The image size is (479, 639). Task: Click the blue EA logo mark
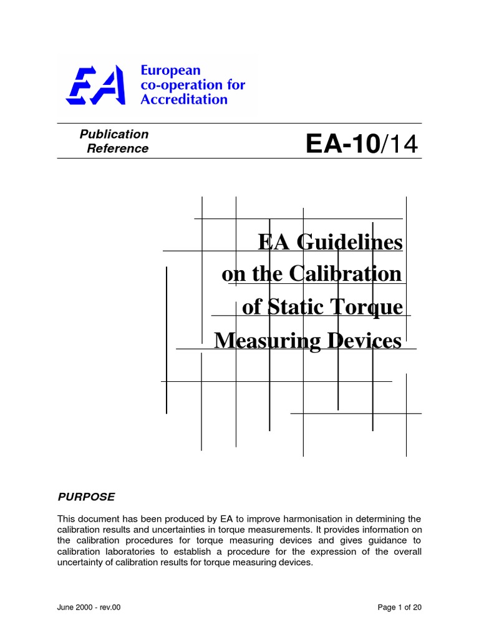pyautogui.click(x=94, y=85)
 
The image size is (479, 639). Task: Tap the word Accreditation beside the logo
pyautogui.click(x=183, y=99)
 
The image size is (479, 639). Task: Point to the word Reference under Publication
pyautogui.click(x=117, y=149)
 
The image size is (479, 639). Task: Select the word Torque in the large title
pyautogui.click(x=374, y=308)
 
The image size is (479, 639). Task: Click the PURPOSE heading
pyautogui.click(x=86, y=497)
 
